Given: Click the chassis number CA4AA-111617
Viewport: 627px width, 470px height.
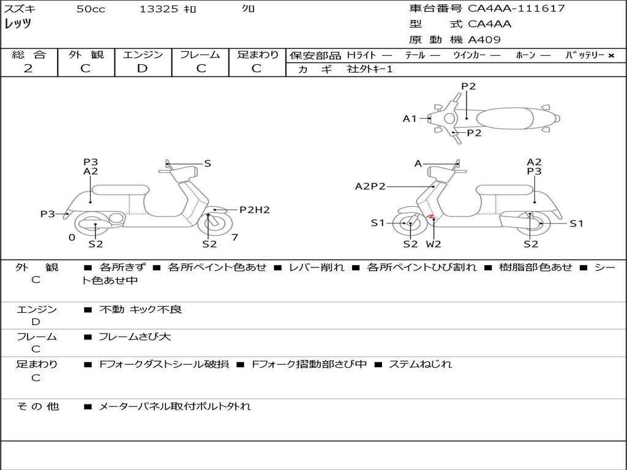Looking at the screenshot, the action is [x=516, y=9].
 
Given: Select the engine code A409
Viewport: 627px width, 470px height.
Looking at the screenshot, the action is [x=484, y=40].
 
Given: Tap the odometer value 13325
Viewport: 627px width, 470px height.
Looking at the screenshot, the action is [x=159, y=9].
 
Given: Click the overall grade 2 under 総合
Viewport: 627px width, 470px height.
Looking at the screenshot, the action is [x=28, y=69].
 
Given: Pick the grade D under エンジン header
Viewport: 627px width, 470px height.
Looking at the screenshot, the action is [x=142, y=69].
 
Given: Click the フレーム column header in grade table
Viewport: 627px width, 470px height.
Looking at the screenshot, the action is [x=200, y=54].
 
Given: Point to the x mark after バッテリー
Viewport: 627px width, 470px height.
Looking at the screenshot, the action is [x=611, y=56].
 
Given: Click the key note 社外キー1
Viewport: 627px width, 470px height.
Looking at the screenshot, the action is [x=370, y=69].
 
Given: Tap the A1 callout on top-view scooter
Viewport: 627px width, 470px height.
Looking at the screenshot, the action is [x=410, y=118].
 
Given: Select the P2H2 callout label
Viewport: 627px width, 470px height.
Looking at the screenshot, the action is [x=255, y=210].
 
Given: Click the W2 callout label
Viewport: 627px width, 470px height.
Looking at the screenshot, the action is [x=434, y=244].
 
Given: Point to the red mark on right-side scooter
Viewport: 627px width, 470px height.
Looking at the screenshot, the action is [x=431, y=217].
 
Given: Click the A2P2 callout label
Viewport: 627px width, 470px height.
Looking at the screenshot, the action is [x=370, y=186].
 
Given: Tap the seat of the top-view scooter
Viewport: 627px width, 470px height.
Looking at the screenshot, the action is [x=505, y=119].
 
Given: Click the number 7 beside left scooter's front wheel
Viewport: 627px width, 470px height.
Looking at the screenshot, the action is [x=235, y=237].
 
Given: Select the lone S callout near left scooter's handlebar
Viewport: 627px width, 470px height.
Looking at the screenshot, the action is [x=208, y=163].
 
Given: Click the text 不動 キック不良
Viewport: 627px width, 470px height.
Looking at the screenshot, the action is [x=141, y=309].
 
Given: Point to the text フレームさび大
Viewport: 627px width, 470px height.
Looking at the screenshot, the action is [x=135, y=337].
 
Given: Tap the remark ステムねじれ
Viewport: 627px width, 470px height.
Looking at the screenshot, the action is [x=420, y=364].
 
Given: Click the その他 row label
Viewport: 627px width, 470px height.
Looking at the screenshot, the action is [x=38, y=406].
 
